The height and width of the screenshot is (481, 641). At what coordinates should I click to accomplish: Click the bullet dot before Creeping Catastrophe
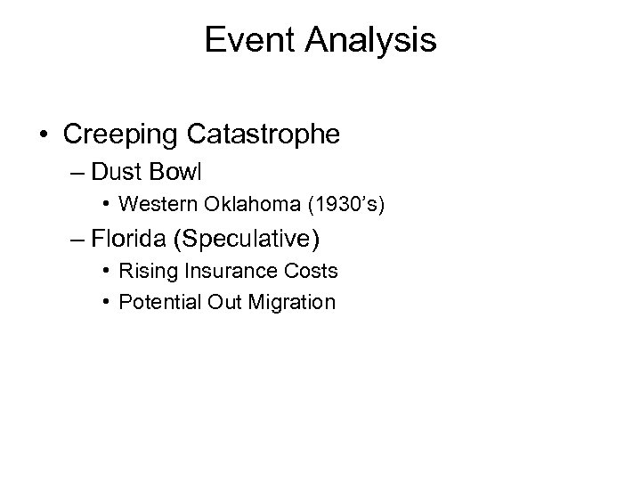pyautogui.click(x=44, y=136)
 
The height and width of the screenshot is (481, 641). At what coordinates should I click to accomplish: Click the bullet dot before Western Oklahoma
pyautogui.click(x=106, y=206)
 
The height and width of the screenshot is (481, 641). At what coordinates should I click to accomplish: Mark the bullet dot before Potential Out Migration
pyautogui.click(x=106, y=302)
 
